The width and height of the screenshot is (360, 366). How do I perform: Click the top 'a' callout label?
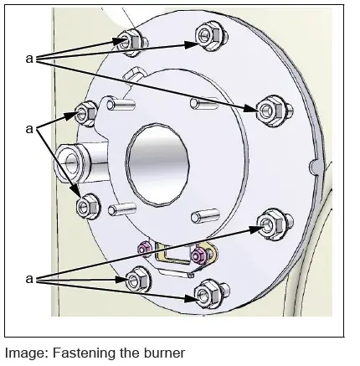pos(30,59)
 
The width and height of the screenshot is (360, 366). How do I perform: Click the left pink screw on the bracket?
pos(146,246)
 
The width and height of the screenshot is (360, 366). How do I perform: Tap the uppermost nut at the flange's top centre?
pos(207,34)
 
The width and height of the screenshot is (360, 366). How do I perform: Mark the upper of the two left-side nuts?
pos(87,111)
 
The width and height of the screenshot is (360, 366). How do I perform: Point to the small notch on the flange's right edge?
pos(316,164)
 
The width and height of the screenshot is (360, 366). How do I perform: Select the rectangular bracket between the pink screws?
pos(173,256)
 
